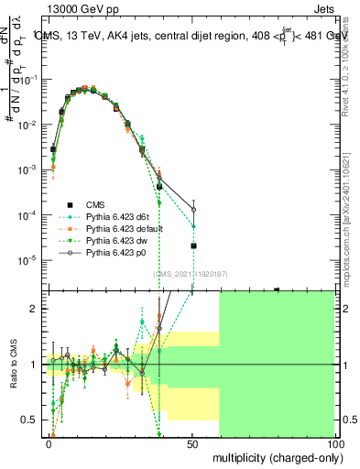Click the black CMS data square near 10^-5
(x=193, y=245)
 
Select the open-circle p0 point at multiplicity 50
(x=193, y=210)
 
